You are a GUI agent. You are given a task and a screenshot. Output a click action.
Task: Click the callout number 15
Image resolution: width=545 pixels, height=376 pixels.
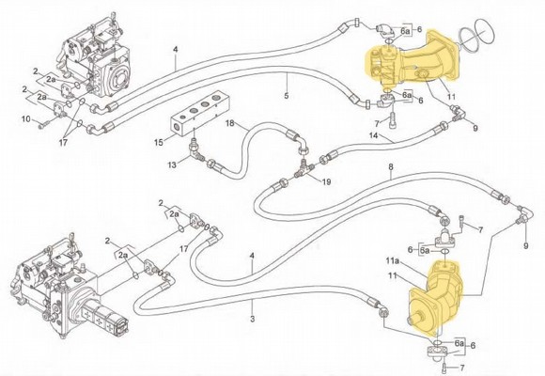tap(161, 142)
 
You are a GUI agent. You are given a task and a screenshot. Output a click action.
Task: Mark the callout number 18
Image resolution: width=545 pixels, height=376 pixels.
tap(228, 123)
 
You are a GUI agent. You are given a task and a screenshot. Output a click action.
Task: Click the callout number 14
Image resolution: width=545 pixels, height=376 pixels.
tap(373, 137)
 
